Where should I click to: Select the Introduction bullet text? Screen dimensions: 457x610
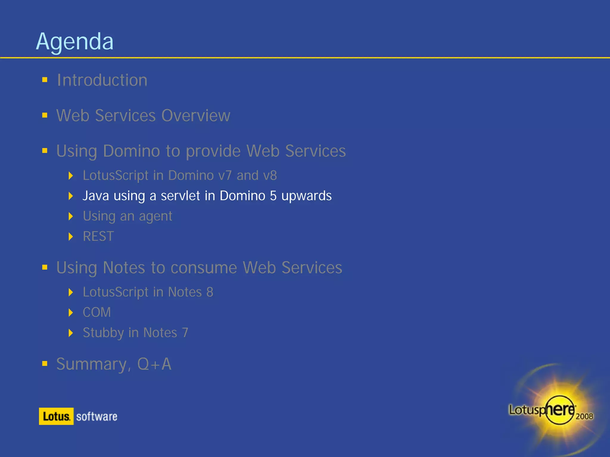[102, 80]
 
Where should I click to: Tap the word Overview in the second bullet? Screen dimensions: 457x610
[196, 115]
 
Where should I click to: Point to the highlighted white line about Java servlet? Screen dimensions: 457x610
[207, 196]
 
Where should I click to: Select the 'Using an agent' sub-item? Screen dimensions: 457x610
[127, 216]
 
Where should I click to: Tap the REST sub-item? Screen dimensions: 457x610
[98, 237]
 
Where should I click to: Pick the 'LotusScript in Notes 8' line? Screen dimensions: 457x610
[148, 292]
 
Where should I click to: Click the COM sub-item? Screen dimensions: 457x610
[97, 312]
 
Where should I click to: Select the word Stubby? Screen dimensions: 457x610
[103, 333]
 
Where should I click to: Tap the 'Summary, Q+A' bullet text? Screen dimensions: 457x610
[114, 364]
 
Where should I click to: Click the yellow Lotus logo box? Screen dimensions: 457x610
[56, 416]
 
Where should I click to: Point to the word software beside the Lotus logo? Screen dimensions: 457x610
[97, 417]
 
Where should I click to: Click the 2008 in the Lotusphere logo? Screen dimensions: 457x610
[584, 416]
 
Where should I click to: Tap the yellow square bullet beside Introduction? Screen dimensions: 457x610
[45, 80]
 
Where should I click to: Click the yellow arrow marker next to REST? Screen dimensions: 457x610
[71, 237]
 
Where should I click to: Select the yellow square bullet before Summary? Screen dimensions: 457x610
[45, 363]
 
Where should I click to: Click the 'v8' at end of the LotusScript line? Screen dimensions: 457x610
[270, 176]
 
